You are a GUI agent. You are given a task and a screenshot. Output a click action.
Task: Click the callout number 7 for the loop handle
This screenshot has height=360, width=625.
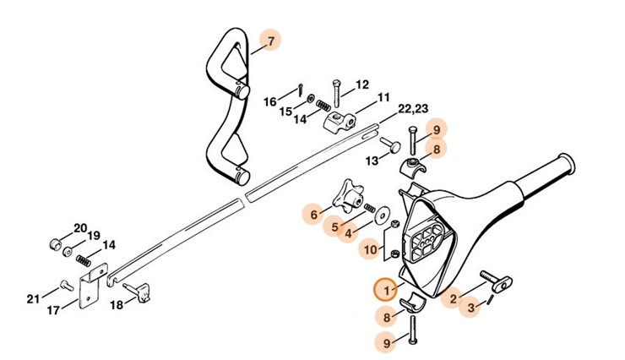point(269,41)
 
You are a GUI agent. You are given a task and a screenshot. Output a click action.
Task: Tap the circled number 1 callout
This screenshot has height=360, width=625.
point(386,290)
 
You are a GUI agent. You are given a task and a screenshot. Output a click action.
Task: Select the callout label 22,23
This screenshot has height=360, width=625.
point(414,109)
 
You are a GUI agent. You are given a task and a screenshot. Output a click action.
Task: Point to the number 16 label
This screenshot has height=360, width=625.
point(270,101)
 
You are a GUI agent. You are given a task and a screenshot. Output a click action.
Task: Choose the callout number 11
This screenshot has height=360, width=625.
point(383,97)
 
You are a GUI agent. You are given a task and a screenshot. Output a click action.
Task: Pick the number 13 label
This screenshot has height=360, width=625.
point(372,161)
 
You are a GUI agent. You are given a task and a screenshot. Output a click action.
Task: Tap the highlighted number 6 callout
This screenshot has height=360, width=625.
point(315,215)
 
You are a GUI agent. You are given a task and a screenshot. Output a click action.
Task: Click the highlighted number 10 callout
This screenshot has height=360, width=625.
point(369,249)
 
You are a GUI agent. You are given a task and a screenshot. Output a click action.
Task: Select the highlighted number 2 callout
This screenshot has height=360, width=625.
point(454,297)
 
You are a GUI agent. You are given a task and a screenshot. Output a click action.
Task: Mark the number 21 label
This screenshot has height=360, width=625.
point(33,297)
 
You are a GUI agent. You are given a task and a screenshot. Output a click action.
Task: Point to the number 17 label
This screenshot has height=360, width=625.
point(53,310)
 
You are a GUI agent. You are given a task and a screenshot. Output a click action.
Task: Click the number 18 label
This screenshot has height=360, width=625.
point(117,304)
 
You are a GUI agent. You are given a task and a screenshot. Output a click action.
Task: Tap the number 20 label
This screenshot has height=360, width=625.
point(80,228)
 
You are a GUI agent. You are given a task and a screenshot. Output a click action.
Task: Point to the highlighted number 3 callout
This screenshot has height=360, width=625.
point(471,310)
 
